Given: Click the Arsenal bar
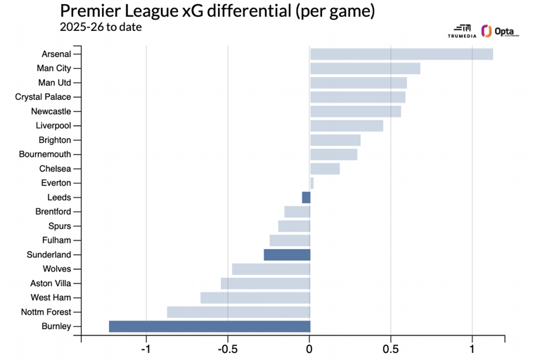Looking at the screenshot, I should [x=401, y=54].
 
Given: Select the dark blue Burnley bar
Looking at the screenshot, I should [x=210, y=326].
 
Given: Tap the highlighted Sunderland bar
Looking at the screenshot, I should [x=287, y=255].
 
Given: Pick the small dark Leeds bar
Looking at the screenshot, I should [x=306, y=198].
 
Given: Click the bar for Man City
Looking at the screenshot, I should [x=365, y=68].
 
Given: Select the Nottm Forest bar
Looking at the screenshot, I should [x=238, y=311].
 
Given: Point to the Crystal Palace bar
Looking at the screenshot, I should [x=358, y=97].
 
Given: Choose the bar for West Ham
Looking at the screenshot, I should [x=255, y=297].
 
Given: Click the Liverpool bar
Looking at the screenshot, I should [x=347, y=126].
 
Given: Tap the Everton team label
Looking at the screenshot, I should [x=56, y=184].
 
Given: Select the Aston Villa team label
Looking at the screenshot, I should [x=51, y=283].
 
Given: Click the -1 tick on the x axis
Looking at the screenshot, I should [x=146, y=349].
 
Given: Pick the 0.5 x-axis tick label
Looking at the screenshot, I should [x=391, y=349].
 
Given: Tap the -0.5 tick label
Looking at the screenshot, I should [x=228, y=349].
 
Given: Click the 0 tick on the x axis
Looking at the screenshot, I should [x=310, y=349].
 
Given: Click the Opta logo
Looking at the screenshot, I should [x=500, y=32].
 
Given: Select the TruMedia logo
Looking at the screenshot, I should [x=462, y=32].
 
